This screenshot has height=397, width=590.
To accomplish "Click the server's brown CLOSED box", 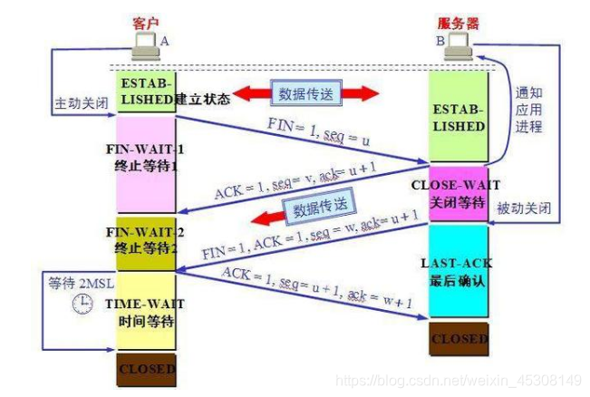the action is point(459,339).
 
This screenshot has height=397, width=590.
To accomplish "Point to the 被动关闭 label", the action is point(523,208).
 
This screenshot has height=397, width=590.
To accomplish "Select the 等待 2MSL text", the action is point(73,283).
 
